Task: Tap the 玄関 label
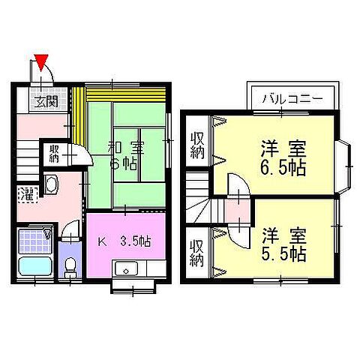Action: click(45, 102)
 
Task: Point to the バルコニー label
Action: click(292, 98)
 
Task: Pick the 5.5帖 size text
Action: click(283, 253)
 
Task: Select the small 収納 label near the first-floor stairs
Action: click(55, 154)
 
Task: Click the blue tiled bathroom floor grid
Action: click(34, 241)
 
